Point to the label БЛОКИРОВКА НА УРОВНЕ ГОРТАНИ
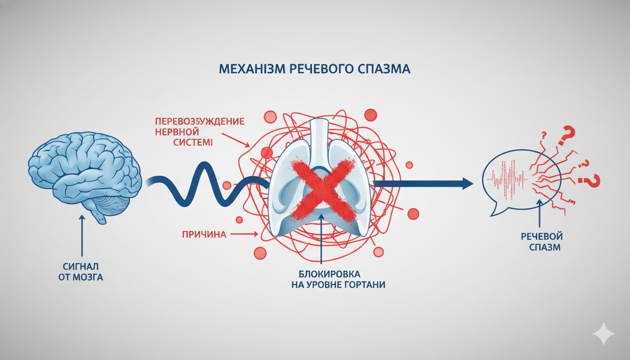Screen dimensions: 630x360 point(329,279)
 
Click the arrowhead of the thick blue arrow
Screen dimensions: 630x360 point(467,183)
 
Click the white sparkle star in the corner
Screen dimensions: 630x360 point(603,334)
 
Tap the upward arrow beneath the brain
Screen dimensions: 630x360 point(82,234)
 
